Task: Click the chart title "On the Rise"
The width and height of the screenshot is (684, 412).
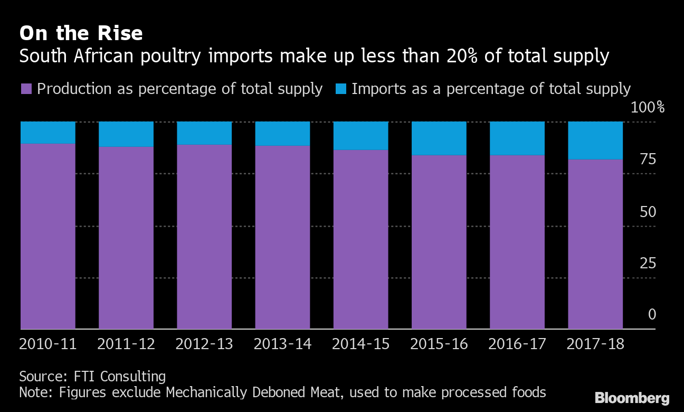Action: (x=81, y=33)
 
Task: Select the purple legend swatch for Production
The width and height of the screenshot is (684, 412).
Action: (x=26, y=89)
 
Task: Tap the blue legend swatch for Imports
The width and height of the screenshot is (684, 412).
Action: (x=341, y=89)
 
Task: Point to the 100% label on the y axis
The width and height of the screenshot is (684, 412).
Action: (x=648, y=108)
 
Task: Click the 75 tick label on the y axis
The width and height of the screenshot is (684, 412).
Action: (x=647, y=160)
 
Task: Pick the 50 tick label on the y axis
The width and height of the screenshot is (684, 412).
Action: (x=647, y=212)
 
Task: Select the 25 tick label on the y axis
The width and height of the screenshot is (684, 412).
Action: (x=647, y=264)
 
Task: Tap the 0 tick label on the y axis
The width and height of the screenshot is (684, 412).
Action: (x=652, y=315)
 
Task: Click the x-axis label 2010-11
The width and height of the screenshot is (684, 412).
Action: (x=48, y=344)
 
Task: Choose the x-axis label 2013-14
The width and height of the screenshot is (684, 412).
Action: (x=282, y=344)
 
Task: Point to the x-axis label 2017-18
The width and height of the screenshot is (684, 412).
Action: (x=595, y=344)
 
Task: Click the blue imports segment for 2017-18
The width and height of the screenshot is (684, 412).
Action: (x=595, y=140)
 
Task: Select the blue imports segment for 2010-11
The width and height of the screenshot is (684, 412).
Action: (x=48, y=132)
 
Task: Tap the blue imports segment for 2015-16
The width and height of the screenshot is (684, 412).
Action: (x=439, y=138)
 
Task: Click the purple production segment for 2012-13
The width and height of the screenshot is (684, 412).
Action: (x=204, y=237)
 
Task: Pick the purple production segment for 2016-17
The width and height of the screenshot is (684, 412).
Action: (x=517, y=242)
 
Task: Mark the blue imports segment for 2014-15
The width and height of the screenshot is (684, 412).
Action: (x=360, y=135)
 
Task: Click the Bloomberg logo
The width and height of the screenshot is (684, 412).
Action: (x=632, y=398)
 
